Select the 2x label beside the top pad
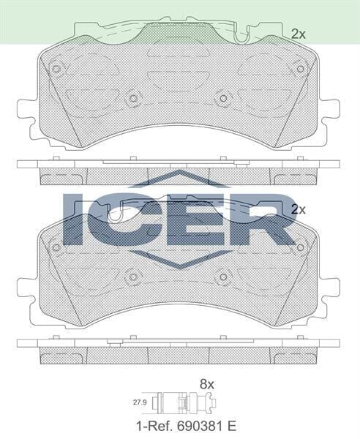[298, 33]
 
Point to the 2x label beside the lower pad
[298, 209]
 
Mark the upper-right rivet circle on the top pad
[299, 69]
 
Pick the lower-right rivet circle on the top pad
[223, 97]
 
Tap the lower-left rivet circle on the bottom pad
[133, 277]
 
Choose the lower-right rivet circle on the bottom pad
[223, 277]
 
